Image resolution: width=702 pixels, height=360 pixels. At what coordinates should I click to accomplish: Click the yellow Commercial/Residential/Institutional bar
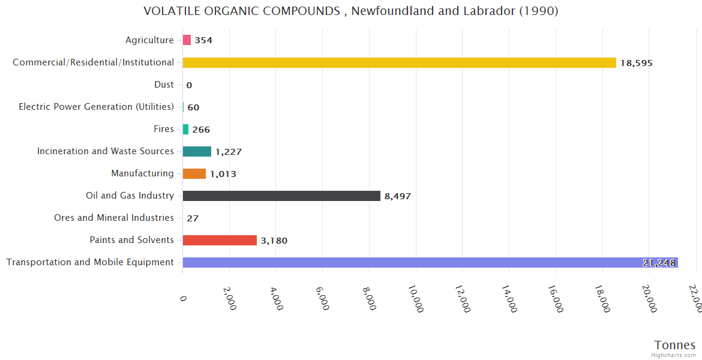[x=399, y=62]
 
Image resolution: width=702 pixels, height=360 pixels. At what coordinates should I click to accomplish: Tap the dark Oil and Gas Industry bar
[x=281, y=196]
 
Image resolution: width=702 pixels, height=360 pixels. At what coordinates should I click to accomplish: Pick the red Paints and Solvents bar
[x=220, y=240]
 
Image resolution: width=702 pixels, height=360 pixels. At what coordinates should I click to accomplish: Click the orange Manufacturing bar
[x=194, y=173]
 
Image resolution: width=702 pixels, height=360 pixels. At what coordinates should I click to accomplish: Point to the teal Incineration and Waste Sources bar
[x=197, y=151]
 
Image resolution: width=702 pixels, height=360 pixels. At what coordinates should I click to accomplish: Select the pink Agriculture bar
[x=187, y=40]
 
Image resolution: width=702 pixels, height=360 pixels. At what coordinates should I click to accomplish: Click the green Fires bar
[x=185, y=129]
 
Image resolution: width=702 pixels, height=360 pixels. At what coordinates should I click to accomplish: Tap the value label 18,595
[x=636, y=63]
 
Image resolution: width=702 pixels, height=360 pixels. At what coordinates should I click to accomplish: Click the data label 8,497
[x=398, y=196]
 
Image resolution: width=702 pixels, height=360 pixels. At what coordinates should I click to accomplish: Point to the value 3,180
[x=274, y=241]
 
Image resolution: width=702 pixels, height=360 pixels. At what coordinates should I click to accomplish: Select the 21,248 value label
[x=659, y=263]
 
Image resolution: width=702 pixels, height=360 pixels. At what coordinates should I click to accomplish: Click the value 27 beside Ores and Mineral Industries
[x=193, y=218]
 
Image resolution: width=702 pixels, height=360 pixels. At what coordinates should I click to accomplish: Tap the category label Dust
[x=164, y=85]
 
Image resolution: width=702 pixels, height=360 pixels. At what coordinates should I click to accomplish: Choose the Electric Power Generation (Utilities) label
[x=96, y=107]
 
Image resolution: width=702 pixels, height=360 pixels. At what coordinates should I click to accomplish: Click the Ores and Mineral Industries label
[x=113, y=218]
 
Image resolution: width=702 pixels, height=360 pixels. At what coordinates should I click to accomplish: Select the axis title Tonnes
[x=674, y=345]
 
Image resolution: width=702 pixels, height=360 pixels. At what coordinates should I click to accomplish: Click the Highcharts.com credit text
[x=674, y=355]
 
